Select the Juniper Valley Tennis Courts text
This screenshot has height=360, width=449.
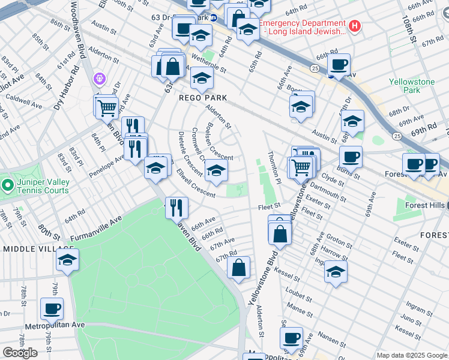pos(43,185)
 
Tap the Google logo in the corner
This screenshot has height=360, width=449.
pos(20,353)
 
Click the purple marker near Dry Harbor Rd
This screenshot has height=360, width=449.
pos(100,79)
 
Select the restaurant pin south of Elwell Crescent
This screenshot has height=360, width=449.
pos(176,208)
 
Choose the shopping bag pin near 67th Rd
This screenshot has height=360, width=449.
pos(239,268)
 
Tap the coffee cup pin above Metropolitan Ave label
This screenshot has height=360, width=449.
pos(52,310)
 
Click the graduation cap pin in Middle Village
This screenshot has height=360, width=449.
pos(68,260)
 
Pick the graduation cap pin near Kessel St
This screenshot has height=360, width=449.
pos(336,271)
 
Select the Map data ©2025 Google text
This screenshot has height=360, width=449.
pos(412,355)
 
